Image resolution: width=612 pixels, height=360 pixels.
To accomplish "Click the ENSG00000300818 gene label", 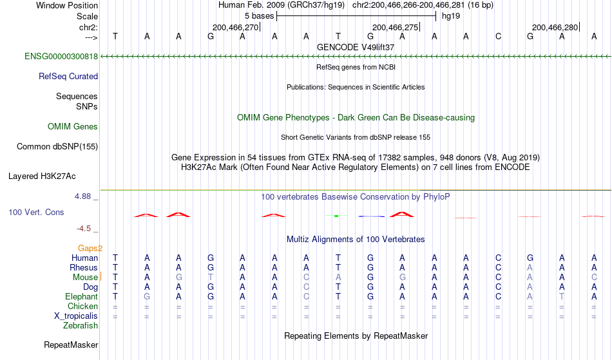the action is [x=61, y=57].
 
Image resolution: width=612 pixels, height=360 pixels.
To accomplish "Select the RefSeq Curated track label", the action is [x=68, y=77].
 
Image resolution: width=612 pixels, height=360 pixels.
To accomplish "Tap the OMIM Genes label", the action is [x=73, y=127].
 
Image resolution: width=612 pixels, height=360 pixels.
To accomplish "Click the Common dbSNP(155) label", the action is [x=57, y=147].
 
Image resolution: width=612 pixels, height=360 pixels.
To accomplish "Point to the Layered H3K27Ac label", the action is [x=42, y=176].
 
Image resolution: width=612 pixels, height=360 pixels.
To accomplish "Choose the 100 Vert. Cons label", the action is [x=36, y=212].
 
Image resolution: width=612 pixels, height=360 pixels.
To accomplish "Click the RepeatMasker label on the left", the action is [x=71, y=345].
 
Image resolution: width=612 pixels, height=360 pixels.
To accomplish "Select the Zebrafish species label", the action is [x=81, y=326].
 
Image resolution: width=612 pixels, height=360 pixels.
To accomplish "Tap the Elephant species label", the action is [x=82, y=297].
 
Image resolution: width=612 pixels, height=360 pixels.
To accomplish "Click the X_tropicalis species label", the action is [x=76, y=316].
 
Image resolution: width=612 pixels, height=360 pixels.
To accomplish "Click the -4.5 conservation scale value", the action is [x=84, y=229].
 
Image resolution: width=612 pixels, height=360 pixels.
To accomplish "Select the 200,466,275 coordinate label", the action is [x=396, y=27].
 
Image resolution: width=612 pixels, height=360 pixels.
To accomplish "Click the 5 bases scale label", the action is [x=259, y=16].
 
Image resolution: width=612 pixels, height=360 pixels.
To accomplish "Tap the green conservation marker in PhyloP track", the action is [x=336, y=216].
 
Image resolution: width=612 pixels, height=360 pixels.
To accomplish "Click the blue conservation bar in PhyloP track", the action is [x=371, y=216].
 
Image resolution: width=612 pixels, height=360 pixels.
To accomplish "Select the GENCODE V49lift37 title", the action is [x=356, y=47].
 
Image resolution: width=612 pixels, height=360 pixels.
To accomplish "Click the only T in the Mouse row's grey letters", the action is [x=211, y=278].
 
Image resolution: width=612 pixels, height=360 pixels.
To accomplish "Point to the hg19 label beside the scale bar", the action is [x=451, y=16].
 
